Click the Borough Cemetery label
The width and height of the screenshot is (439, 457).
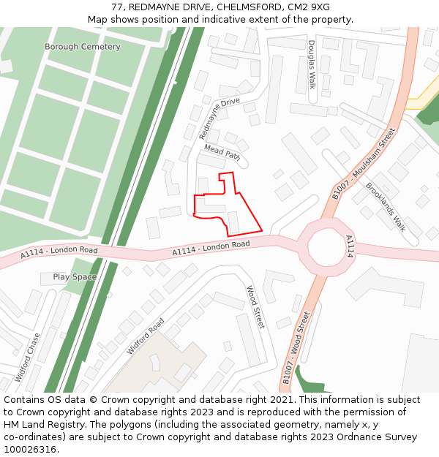(82, 47)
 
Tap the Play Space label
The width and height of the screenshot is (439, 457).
(75, 277)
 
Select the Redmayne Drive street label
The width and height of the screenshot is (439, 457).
(219, 118)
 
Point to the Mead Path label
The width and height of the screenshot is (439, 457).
(222, 151)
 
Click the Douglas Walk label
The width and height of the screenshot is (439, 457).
(312, 64)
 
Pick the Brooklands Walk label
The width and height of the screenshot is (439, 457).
(385, 205)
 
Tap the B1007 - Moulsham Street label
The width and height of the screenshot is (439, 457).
(364, 163)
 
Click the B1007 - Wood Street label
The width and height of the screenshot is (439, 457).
(296, 348)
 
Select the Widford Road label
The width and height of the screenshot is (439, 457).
(146, 336)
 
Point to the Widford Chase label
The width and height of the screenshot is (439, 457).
(28, 357)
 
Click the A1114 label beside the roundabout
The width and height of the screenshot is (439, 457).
(349, 246)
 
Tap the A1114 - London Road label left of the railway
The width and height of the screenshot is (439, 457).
(59, 252)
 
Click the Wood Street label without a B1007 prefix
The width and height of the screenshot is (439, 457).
(255, 307)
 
